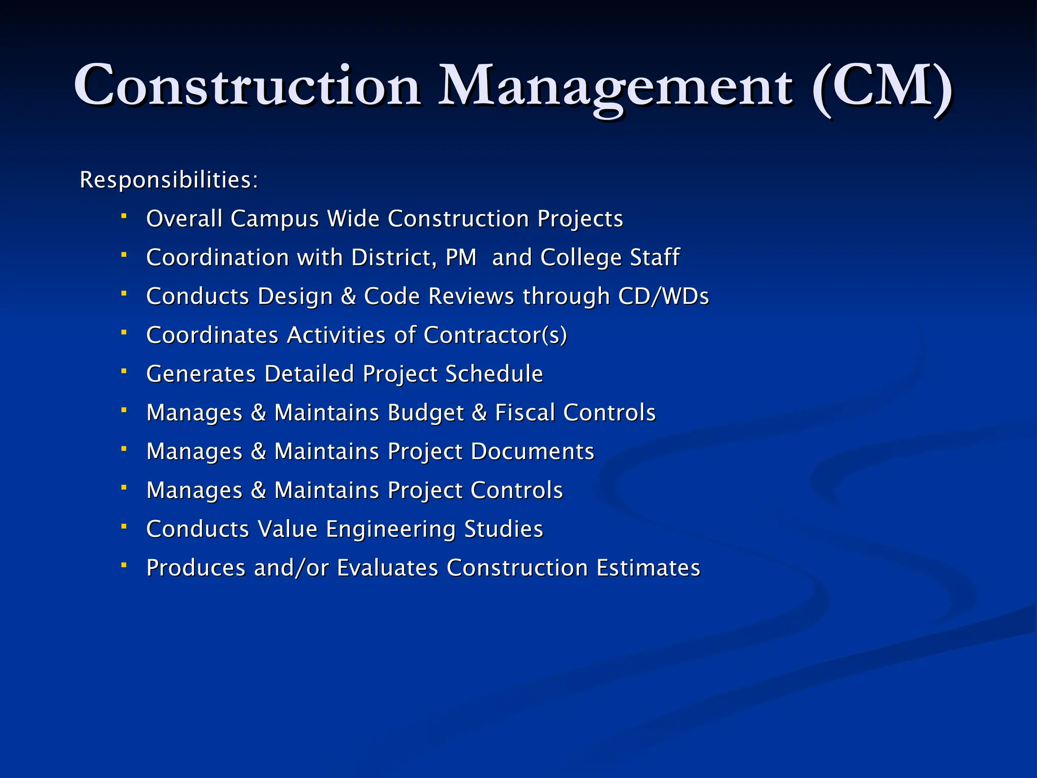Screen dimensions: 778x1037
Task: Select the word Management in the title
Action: [615, 86]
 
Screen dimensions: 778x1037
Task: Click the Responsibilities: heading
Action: [169, 180]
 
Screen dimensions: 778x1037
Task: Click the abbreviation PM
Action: [461, 257]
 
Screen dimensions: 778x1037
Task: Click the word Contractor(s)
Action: [495, 335]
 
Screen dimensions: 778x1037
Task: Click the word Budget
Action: [425, 413]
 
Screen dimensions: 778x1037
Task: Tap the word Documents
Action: [532, 451]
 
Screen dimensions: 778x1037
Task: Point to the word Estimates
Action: [648, 568]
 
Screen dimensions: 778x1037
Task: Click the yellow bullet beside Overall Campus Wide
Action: [124, 216]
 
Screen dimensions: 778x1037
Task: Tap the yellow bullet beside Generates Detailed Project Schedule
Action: [124, 371]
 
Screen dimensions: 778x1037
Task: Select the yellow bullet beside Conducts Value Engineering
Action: [124, 526]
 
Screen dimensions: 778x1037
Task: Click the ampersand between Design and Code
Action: [348, 296]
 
